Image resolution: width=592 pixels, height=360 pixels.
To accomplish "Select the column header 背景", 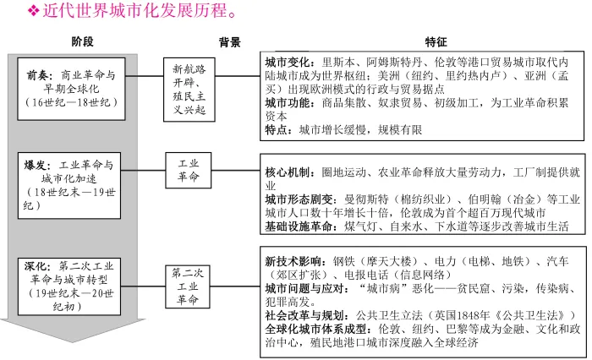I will click(229, 41).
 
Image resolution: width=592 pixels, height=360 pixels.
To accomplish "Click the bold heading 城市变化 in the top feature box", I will click(286, 63).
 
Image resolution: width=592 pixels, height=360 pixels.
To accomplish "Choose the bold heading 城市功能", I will click(286, 103).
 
